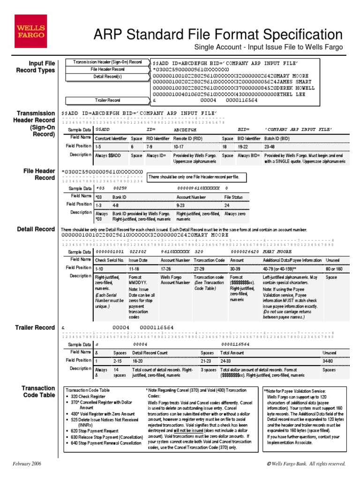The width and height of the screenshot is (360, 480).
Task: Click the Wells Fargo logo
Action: click(x=30, y=31)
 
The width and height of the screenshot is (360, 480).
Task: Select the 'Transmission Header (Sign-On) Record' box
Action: click(x=107, y=62)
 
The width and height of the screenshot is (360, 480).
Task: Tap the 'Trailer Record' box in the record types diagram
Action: click(x=107, y=100)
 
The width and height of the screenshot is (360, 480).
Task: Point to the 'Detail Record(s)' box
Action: click(x=107, y=76)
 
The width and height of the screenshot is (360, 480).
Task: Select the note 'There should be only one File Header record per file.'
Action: click(x=194, y=177)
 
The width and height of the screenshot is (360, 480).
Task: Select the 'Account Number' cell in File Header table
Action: click(x=190, y=197)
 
